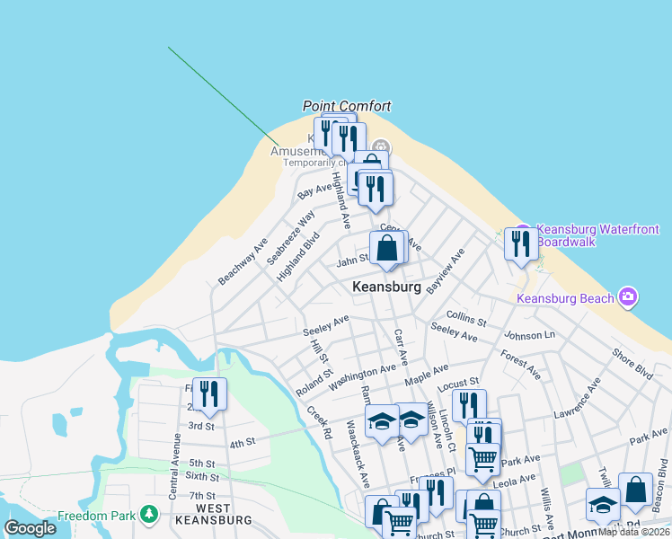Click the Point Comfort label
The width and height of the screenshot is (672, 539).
click(347, 106)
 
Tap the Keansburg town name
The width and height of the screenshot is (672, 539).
click(386, 287)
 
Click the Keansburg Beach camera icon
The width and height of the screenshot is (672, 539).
click(628, 297)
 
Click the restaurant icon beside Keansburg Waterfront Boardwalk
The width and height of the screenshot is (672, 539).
click(521, 243)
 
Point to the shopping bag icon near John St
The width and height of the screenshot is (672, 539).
click(386, 247)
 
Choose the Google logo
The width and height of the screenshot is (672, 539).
click(31, 528)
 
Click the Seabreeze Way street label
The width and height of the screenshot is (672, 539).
click(291, 237)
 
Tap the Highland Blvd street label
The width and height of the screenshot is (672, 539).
click(298, 257)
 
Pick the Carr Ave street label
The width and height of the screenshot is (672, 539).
click(401, 347)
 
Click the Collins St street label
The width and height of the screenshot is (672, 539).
click(466, 318)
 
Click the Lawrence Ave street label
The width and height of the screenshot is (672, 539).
click(577, 401)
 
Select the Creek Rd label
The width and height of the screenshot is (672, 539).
click(319, 422)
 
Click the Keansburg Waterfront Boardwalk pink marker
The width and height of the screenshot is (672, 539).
click(523, 232)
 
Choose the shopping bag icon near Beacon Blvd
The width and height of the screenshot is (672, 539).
click(635, 490)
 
